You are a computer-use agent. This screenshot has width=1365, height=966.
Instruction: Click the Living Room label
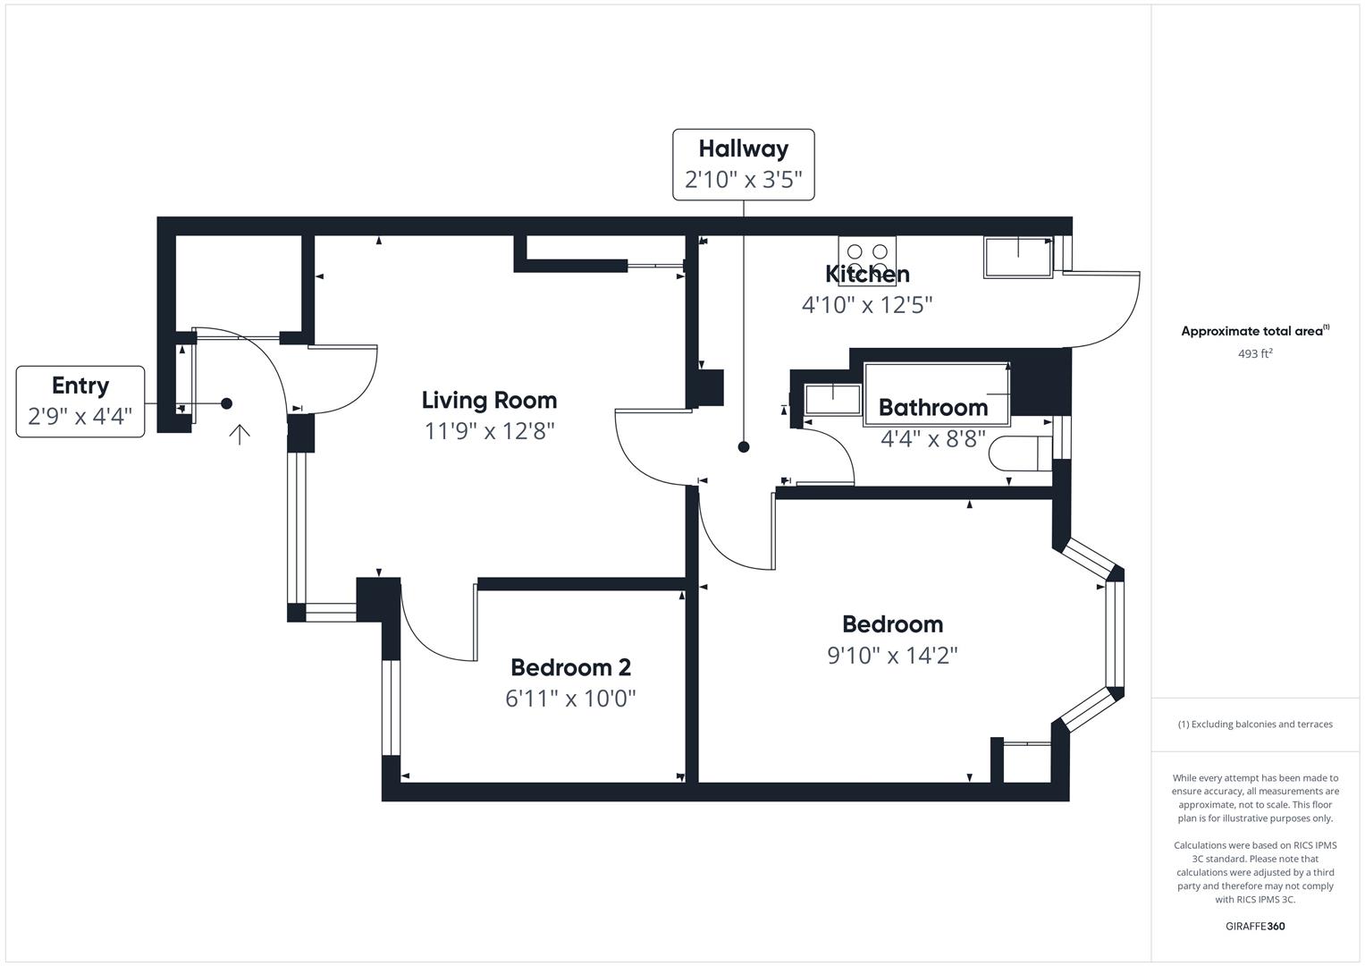pyautogui.click(x=489, y=400)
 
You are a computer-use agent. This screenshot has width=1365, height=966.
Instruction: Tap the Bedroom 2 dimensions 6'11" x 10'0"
pyautogui.click(x=570, y=699)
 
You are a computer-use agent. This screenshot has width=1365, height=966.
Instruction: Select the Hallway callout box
pyautogui.click(x=743, y=165)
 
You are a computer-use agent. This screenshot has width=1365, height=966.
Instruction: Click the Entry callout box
pyautogui.click(x=80, y=402)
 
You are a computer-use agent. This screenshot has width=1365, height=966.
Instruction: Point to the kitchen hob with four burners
pyautogui.click(x=867, y=260)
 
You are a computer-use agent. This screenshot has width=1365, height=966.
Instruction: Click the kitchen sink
pyautogui.click(x=1018, y=257)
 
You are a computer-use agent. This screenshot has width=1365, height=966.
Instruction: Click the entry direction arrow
pyautogui.click(x=239, y=434)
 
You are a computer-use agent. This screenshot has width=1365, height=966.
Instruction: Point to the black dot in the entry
pyautogui.click(x=227, y=403)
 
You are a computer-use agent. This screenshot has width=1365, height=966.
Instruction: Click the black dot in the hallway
pyautogui.click(x=743, y=447)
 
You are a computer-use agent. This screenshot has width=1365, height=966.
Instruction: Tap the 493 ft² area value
pyautogui.click(x=1254, y=353)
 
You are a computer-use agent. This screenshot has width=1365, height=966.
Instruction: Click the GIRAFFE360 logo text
pyautogui.click(x=1254, y=926)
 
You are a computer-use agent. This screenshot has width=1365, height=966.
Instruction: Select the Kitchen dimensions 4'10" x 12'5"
pyautogui.click(x=867, y=305)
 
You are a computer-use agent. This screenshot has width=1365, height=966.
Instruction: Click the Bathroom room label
pyautogui.click(x=933, y=408)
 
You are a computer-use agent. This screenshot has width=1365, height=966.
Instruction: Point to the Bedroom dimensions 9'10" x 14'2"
pyautogui.click(x=892, y=656)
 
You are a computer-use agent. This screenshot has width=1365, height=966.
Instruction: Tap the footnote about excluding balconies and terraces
pyautogui.click(x=1254, y=724)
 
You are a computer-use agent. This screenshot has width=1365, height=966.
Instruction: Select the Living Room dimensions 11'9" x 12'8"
pyautogui.click(x=489, y=431)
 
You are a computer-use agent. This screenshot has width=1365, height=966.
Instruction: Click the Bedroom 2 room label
pyautogui.click(x=570, y=667)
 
